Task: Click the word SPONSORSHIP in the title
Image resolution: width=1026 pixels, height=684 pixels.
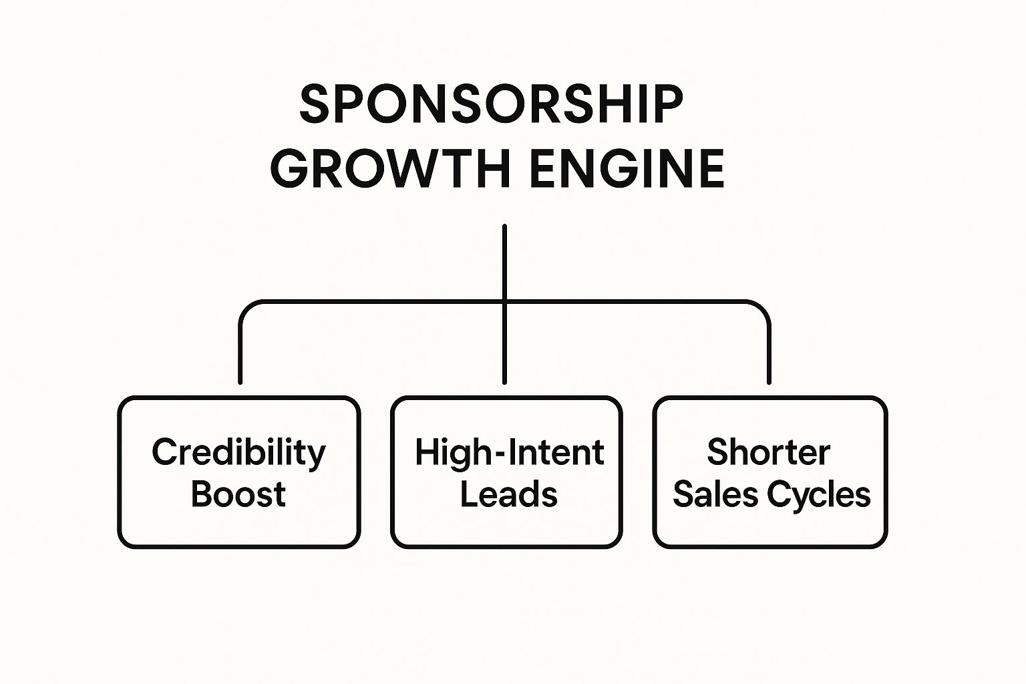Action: click(491, 105)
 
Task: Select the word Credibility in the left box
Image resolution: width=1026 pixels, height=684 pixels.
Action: click(238, 453)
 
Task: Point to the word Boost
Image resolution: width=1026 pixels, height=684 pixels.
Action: click(238, 494)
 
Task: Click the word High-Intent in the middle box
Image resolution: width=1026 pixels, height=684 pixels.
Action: click(509, 452)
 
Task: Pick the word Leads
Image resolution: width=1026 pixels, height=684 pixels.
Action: click(509, 495)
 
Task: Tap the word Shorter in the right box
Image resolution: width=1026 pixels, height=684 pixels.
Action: click(768, 452)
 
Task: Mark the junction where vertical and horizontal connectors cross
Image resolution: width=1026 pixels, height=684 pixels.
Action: click(504, 302)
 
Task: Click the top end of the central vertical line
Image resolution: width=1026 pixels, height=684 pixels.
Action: click(504, 227)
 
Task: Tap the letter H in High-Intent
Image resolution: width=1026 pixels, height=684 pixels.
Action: click(425, 452)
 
